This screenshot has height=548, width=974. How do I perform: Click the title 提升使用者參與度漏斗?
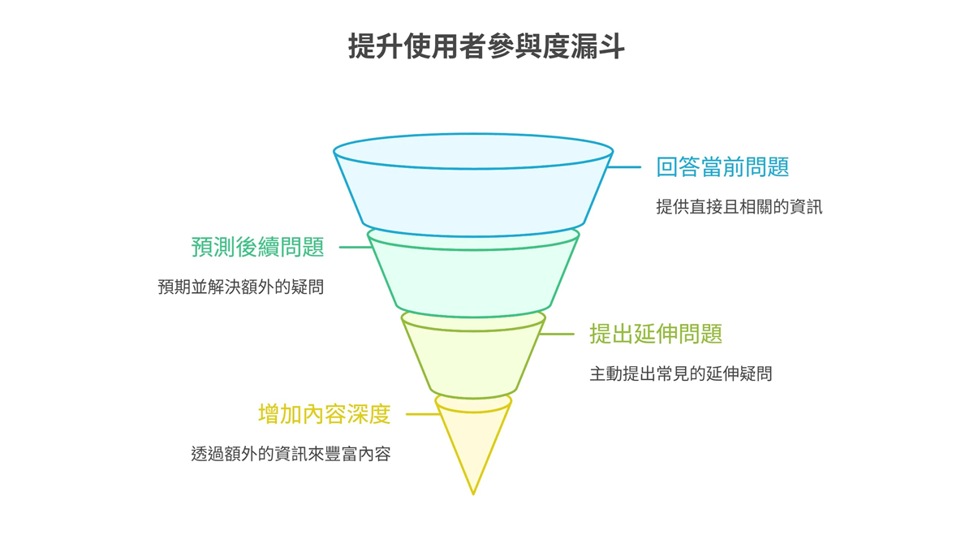(x=486, y=46)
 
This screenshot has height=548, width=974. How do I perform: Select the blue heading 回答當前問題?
(x=722, y=167)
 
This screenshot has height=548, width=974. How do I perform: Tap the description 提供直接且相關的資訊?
(x=739, y=207)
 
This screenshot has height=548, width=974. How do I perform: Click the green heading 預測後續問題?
(x=257, y=247)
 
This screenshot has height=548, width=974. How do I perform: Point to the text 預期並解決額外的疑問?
(x=240, y=287)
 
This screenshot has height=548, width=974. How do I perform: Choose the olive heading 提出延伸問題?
(x=655, y=334)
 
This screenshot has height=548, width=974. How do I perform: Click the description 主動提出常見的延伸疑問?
(x=680, y=374)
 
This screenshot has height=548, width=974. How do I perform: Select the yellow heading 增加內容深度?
(x=324, y=414)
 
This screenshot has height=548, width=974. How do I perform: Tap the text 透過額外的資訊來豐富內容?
(x=291, y=454)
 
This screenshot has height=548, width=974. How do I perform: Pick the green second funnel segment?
(x=473, y=276)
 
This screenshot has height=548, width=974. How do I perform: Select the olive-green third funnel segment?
(x=473, y=357)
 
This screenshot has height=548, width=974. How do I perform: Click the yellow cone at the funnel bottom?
(x=473, y=438)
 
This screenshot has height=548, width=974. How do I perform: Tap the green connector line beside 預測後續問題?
(x=355, y=247)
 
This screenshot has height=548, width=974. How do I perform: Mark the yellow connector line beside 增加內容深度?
(x=422, y=414)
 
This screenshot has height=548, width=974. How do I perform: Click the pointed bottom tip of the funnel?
(x=473, y=491)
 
